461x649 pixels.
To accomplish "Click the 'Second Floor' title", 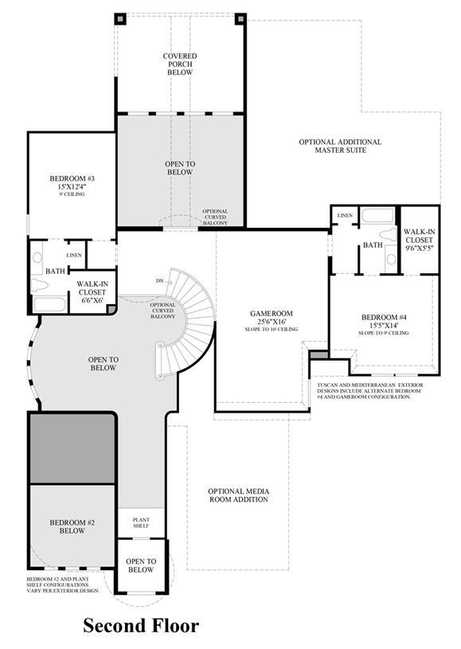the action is coord(141,625).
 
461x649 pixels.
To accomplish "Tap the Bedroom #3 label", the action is coord(72,178).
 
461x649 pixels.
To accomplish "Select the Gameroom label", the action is coord(271,314).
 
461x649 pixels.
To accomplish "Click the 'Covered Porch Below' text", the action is coord(180,65).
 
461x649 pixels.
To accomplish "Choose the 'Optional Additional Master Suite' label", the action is coord(340,146).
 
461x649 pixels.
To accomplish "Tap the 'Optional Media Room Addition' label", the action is coord(238,495).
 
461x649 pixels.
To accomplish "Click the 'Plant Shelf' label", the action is coord(141,522).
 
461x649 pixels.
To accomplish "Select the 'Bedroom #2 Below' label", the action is coord(72,527).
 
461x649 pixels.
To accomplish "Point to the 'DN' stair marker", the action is coord(159,281).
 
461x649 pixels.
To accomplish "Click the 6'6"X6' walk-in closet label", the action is coord(92,292).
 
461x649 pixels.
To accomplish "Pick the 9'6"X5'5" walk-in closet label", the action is coord(420,240).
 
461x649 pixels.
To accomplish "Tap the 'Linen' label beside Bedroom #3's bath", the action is coord(74,256).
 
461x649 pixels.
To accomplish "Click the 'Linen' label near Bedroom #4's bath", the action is coord(345,216).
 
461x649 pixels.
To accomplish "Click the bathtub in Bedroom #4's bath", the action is coord(377,216).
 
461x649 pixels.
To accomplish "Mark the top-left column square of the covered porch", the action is coord(120,18).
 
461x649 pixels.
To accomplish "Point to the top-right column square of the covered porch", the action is coord(240,18).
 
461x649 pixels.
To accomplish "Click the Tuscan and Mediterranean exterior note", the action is coord(370,391).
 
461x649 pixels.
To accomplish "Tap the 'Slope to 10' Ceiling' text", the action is coord(271,329).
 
